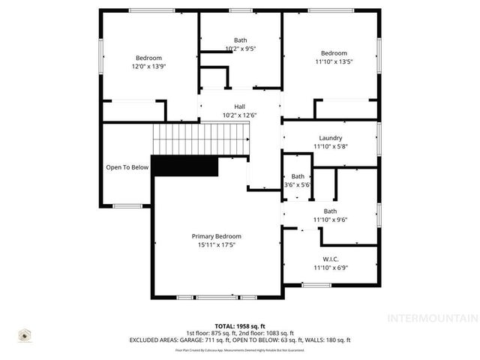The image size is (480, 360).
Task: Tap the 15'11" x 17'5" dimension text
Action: coord(217,245)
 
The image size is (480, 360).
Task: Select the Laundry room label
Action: coord(330,138)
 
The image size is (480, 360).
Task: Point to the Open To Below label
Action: coord(127,167)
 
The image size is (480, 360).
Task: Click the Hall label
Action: coord(239,106)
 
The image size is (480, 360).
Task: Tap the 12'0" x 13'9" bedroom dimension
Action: coord(148,67)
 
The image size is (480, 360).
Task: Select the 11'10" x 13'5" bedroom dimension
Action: coord(334,62)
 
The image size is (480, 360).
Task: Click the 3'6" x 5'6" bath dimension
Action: coord(298,184)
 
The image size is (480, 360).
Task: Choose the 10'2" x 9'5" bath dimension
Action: coord(240,49)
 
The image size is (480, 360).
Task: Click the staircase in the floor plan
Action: coord(200,139)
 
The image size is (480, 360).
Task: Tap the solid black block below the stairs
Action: coord(184,166)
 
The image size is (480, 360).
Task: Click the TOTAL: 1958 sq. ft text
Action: coord(240,326)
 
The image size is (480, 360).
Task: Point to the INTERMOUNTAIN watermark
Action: coord(431,319)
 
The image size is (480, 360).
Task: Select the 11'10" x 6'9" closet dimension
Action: coord(330,267)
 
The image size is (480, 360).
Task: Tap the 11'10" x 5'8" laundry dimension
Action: coord(330,146)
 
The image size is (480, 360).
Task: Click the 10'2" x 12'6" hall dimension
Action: coord(239,115)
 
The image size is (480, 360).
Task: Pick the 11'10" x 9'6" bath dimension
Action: coord(330,220)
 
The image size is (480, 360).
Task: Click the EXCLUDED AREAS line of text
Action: coord(240,340)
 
